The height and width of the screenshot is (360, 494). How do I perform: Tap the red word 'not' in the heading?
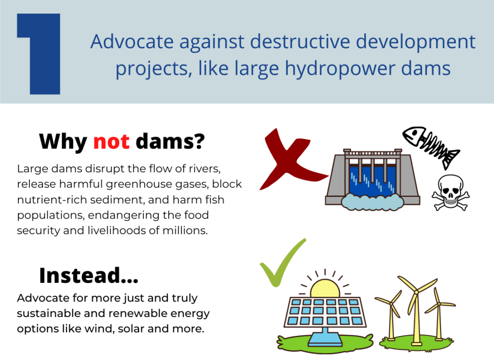pyautogui.click(x=111, y=141)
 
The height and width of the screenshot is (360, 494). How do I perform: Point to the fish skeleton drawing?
pyautogui.click(x=431, y=146)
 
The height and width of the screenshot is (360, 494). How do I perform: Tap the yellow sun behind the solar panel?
pyautogui.click(x=325, y=288)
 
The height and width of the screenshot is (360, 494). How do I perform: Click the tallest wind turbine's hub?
pyautogui.click(x=416, y=292)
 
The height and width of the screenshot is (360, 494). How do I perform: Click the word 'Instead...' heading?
pyautogui.click(x=89, y=276)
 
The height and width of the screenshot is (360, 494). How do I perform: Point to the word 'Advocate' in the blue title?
pyautogui.click(x=132, y=42)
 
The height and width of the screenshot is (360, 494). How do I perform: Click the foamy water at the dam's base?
pyautogui.click(x=372, y=202)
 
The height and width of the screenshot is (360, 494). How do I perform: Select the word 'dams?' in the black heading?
pyautogui.click(x=170, y=141)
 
